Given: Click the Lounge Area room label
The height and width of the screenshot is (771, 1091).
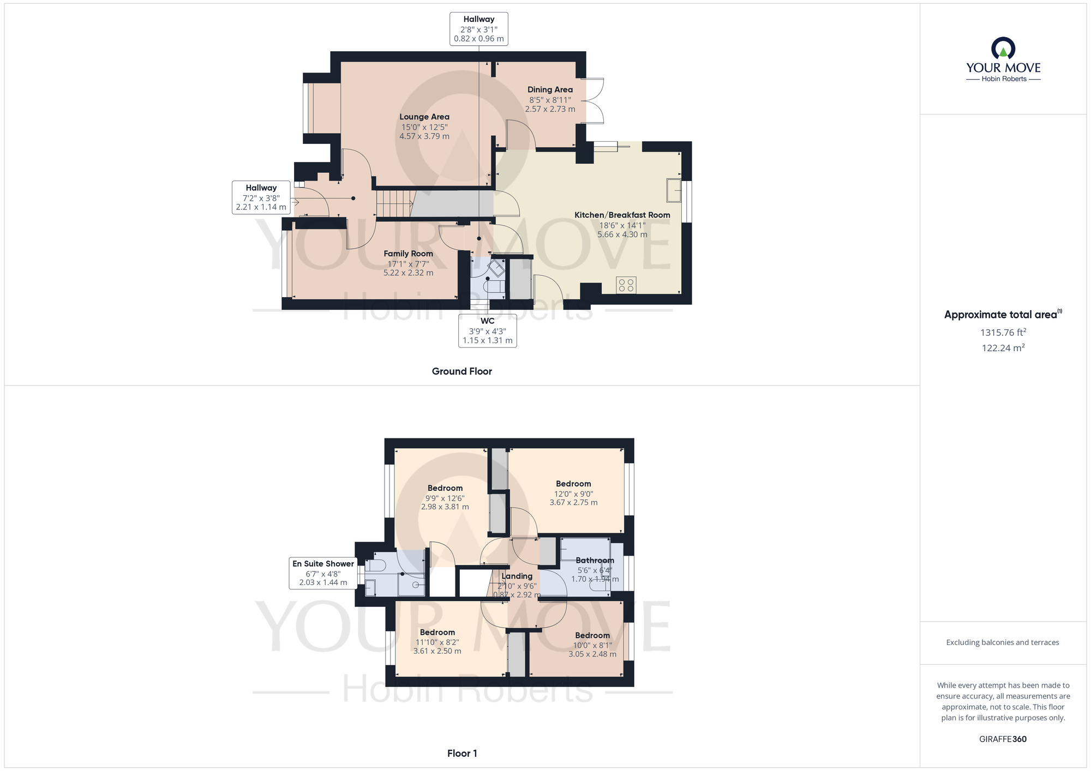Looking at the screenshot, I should pyautogui.click(x=424, y=117).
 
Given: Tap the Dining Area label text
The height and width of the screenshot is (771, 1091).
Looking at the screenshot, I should pyautogui.click(x=550, y=89).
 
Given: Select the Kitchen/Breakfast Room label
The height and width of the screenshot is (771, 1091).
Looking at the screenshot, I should pyautogui.click(x=622, y=215).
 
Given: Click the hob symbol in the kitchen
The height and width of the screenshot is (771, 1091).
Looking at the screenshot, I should pyautogui.click(x=626, y=285).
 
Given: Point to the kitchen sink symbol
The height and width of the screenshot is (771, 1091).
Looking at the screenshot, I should pyautogui.click(x=674, y=190).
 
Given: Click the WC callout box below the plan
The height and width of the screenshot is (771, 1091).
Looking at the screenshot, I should pyautogui.click(x=487, y=330).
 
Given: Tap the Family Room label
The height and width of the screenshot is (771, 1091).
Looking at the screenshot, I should pyautogui.click(x=408, y=254).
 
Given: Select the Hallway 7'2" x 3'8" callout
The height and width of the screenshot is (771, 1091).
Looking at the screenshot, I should pyautogui.click(x=261, y=197).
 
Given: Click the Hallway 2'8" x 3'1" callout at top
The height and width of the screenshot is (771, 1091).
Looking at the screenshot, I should pyautogui.click(x=478, y=29).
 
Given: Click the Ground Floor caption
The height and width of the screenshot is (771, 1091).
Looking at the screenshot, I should pyautogui.click(x=461, y=371).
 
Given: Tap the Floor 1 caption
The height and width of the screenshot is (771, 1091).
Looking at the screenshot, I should pyautogui.click(x=461, y=754).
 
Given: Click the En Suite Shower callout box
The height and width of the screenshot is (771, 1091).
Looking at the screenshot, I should pyautogui.click(x=323, y=573).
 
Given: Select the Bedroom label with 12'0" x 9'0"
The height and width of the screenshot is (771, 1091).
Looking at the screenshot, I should pyautogui.click(x=573, y=484).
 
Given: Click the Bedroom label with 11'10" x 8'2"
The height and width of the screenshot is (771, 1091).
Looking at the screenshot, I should pyautogui.click(x=437, y=633).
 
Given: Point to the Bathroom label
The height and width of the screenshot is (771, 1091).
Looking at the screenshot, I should pyautogui.click(x=595, y=561).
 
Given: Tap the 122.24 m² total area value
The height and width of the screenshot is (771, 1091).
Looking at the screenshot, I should pyautogui.click(x=1003, y=348).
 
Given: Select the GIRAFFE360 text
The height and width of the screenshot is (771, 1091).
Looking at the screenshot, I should pyautogui.click(x=1003, y=739).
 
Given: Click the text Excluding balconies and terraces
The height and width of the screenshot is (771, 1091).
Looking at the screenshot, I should pyautogui.click(x=1003, y=642).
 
